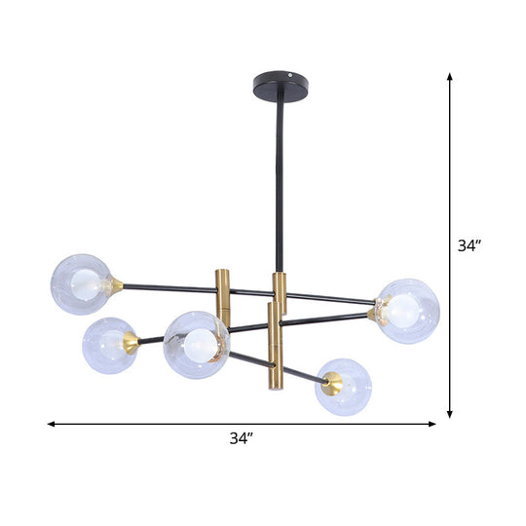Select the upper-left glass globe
coord(81,283)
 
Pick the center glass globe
coord(197,345)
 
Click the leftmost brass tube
coord(220,296)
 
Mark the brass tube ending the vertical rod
coord(280,293)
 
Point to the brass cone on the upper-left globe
coord(116,286)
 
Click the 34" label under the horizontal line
coord(241,439)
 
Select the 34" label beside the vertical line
coord(470,246)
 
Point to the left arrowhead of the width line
coord(52,424)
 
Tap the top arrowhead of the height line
coord(449,77)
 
